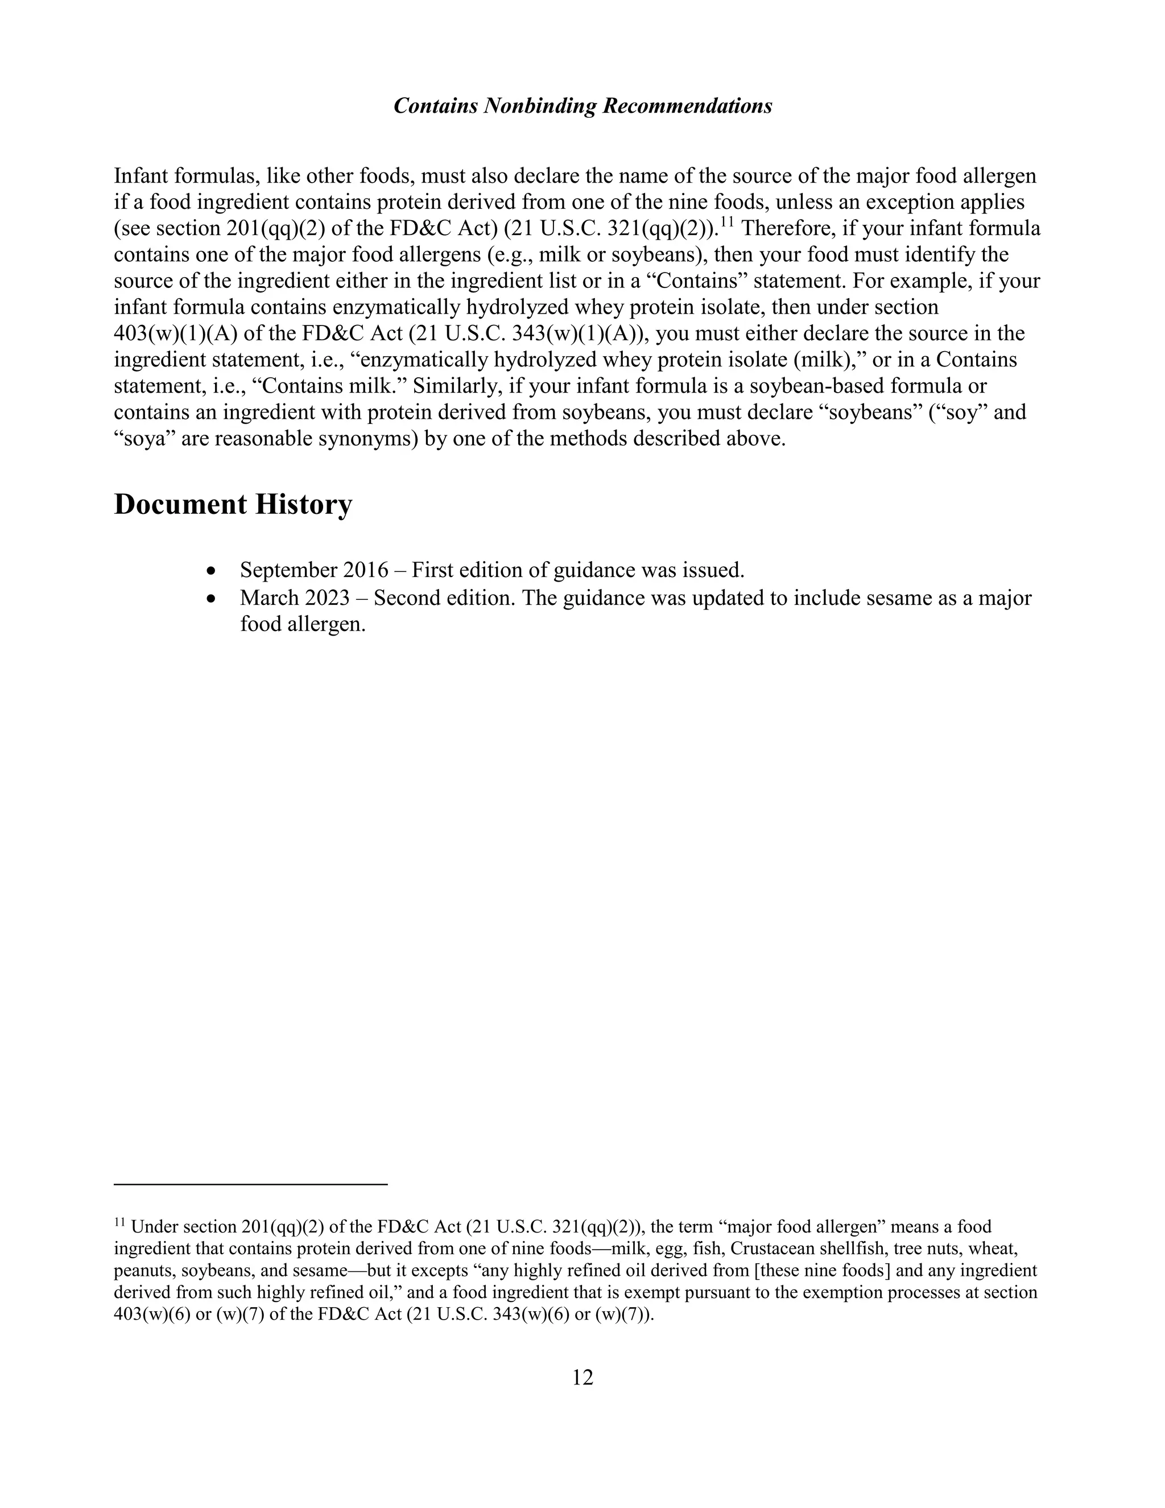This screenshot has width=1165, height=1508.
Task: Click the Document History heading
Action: click(233, 505)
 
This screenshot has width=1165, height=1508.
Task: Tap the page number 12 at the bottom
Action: click(582, 1378)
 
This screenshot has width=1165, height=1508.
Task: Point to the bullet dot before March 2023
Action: click(212, 598)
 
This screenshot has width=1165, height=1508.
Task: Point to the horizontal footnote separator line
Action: click(250, 1185)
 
